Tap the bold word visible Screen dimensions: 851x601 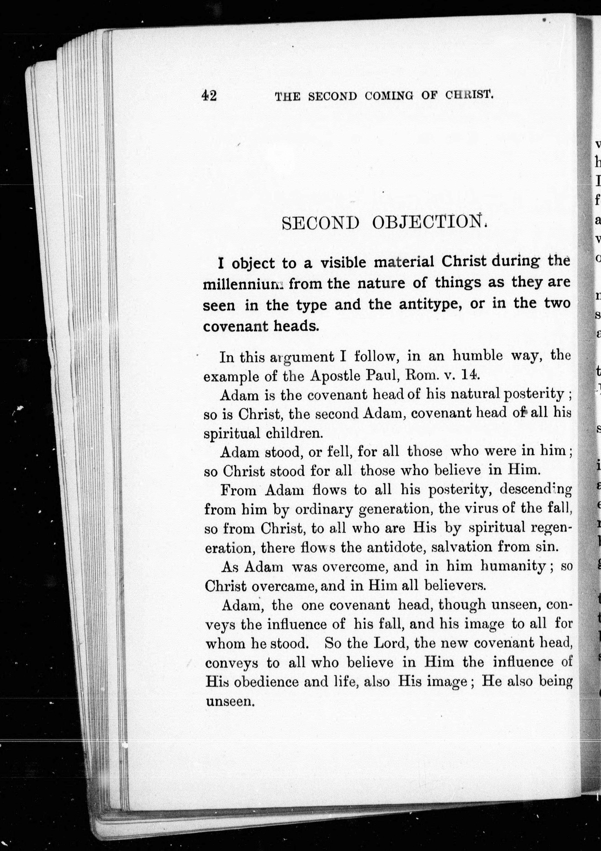[x=343, y=263]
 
